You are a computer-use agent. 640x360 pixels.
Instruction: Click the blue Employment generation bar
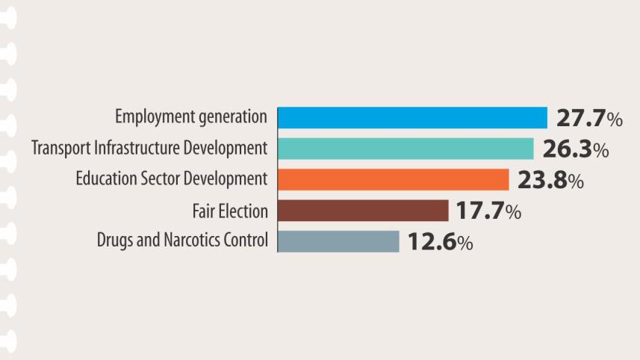(x=412, y=118)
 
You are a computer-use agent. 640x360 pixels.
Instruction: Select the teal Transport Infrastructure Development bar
(x=406, y=149)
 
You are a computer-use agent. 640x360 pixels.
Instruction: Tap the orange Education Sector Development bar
(x=393, y=180)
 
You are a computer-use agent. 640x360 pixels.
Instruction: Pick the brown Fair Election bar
(x=363, y=211)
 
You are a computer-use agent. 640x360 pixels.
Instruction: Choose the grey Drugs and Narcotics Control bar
(x=338, y=241)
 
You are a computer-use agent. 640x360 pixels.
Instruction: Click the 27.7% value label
(x=589, y=119)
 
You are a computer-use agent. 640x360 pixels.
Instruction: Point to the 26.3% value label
(x=575, y=149)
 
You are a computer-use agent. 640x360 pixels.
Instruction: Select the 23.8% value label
(x=550, y=181)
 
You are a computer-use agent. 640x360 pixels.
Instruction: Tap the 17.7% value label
(x=488, y=211)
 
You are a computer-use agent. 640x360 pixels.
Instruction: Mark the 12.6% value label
(x=440, y=242)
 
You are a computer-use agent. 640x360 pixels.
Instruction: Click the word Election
(x=243, y=211)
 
